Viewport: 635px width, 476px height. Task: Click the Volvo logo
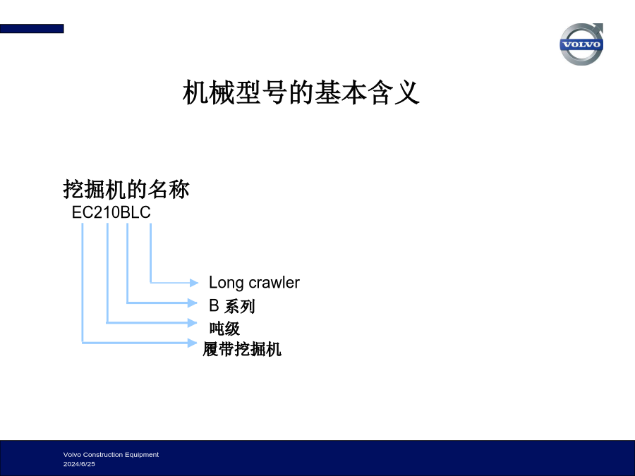click(x=581, y=44)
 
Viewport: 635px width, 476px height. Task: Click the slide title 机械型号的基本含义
click(x=301, y=92)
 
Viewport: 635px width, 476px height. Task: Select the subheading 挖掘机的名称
click(x=126, y=189)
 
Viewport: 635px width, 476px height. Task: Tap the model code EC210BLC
click(x=111, y=212)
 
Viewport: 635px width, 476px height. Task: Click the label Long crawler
click(x=254, y=283)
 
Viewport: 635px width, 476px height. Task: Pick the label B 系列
click(x=232, y=306)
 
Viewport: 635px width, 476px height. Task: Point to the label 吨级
click(x=225, y=328)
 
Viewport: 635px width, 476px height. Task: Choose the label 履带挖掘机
click(x=242, y=349)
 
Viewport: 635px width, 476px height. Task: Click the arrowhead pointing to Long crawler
click(x=194, y=283)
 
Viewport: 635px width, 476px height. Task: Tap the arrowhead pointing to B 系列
click(x=193, y=303)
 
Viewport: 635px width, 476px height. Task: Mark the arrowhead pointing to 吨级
click(x=193, y=322)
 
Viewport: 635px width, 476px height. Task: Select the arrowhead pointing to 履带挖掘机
click(x=193, y=343)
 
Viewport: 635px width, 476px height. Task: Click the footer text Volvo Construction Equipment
click(x=111, y=455)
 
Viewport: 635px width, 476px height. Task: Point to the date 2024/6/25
click(x=79, y=464)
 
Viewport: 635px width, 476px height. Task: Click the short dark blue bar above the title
click(x=32, y=29)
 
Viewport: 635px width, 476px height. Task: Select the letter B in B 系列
click(x=214, y=305)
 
